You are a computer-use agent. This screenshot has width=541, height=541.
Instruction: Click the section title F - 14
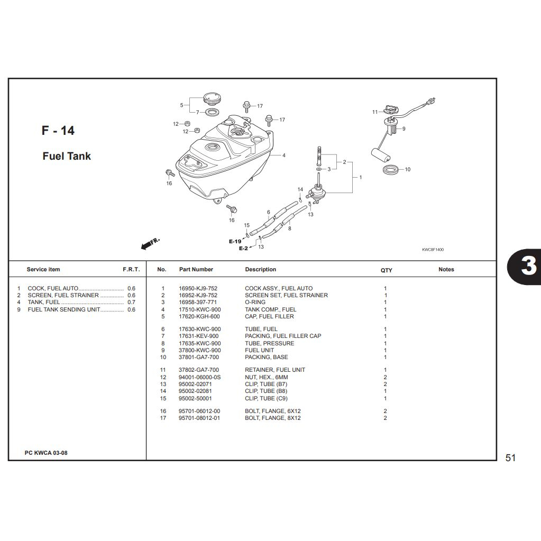(x=58, y=131)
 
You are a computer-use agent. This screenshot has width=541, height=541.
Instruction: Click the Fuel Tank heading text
(x=67, y=156)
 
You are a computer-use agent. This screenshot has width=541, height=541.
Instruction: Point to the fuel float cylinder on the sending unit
(x=381, y=155)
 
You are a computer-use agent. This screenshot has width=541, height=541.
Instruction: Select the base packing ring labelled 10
(x=391, y=169)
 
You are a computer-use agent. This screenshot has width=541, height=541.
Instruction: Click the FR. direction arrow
(x=150, y=243)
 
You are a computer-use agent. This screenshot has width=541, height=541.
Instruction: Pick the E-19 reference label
(x=235, y=242)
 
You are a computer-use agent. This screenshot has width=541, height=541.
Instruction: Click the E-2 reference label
(x=243, y=249)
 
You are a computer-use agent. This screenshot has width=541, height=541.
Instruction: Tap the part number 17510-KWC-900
(x=200, y=309)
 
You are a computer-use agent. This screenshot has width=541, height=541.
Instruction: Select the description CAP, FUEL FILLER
(x=270, y=316)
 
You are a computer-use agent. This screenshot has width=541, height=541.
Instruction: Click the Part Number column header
(x=196, y=270)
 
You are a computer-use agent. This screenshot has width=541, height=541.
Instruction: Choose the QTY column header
(x=387, y=270)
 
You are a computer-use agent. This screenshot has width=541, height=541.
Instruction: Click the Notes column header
(x=446, y=270)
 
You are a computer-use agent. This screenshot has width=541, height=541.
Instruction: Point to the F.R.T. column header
(x=132, y=270)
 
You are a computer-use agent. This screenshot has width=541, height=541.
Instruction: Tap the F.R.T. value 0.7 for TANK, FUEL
(x=132, y=302)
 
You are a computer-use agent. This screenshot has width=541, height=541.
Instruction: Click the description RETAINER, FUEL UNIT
(x=275, y=370)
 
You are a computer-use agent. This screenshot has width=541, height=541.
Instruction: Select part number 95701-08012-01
(x=199, y=418)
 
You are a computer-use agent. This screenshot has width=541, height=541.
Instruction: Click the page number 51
(x=510, y=458)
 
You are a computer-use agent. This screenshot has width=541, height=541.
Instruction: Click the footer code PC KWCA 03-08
(x=46, y=453)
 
